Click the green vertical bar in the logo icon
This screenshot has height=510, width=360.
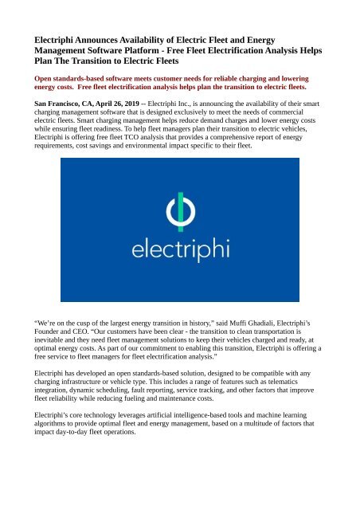[179, 211]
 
